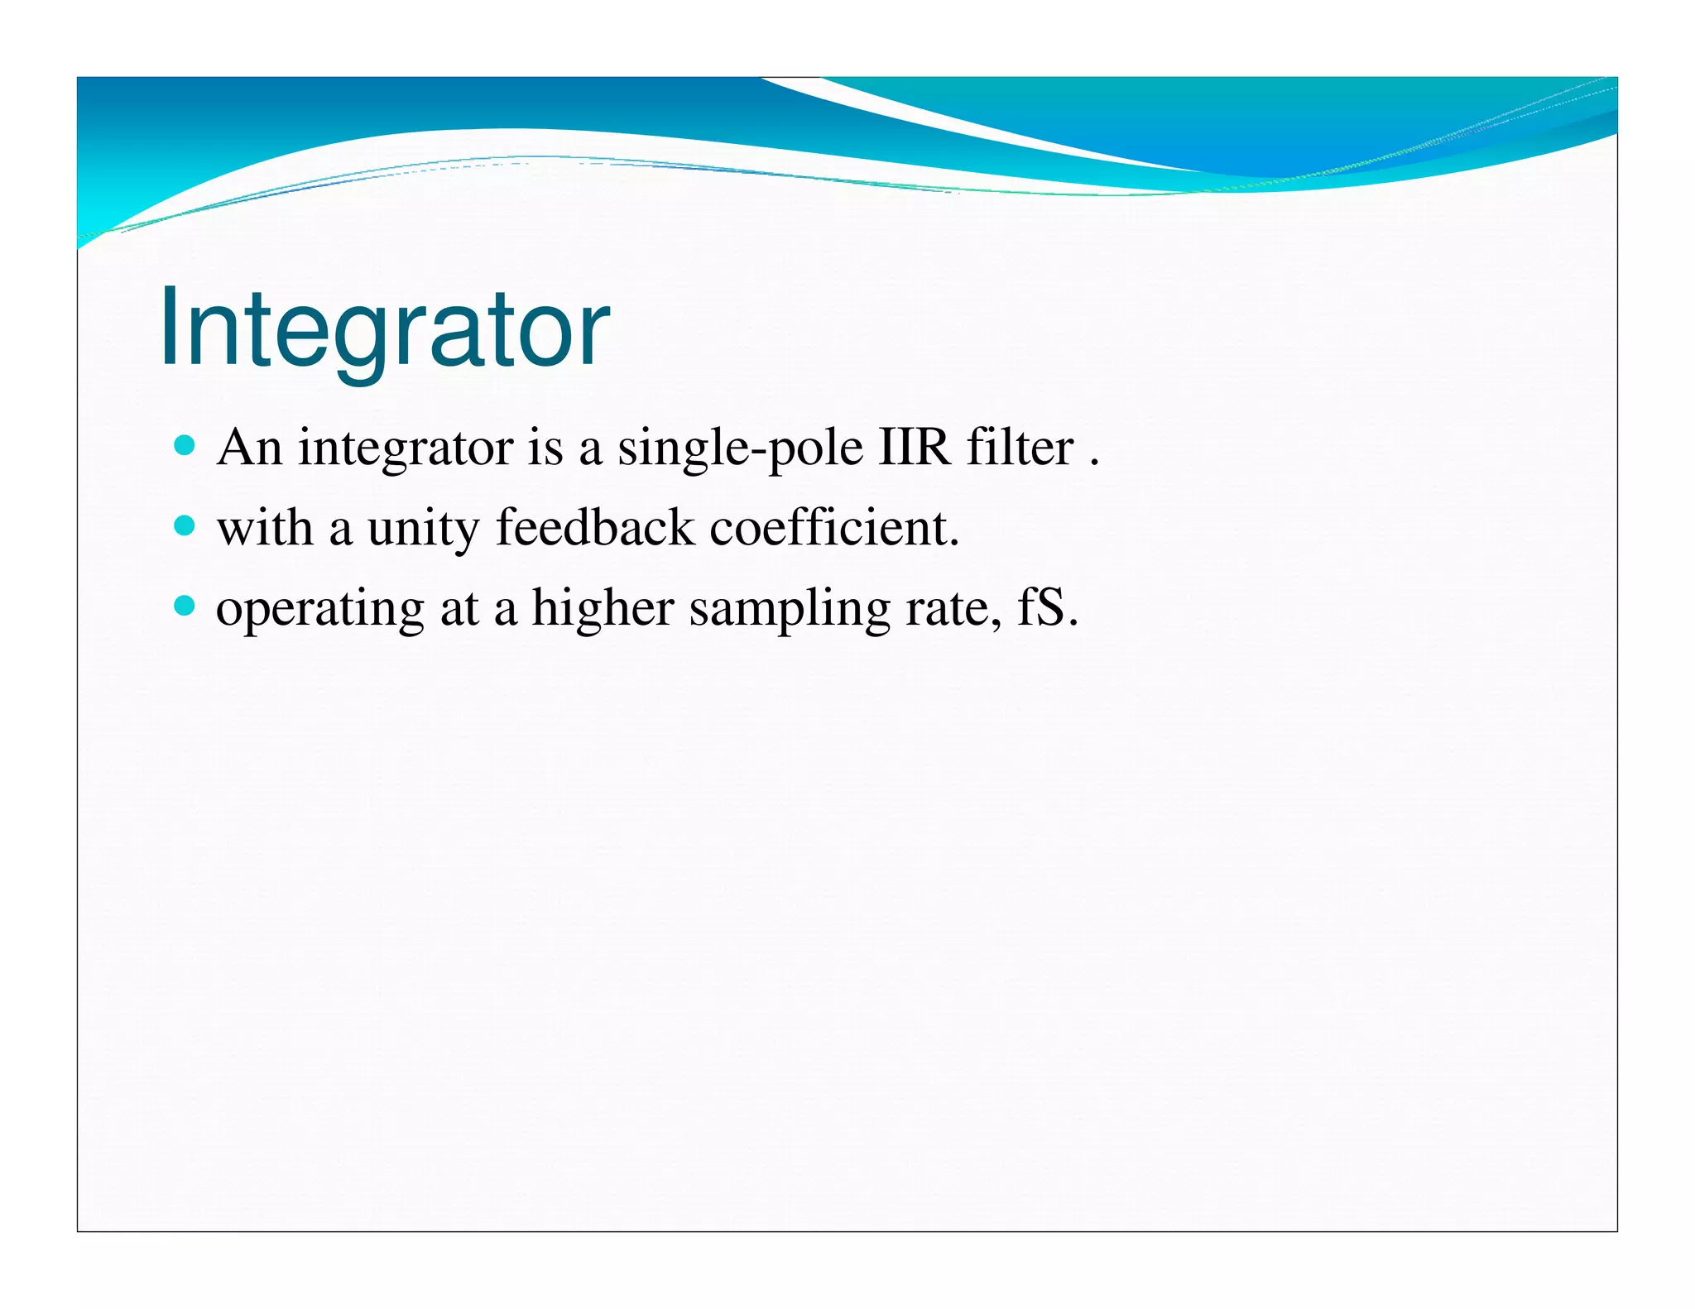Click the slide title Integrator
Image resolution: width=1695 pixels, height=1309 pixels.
384,328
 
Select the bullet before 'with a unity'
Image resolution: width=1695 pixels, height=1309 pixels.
185,526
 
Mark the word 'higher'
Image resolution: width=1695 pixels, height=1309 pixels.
602,609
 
